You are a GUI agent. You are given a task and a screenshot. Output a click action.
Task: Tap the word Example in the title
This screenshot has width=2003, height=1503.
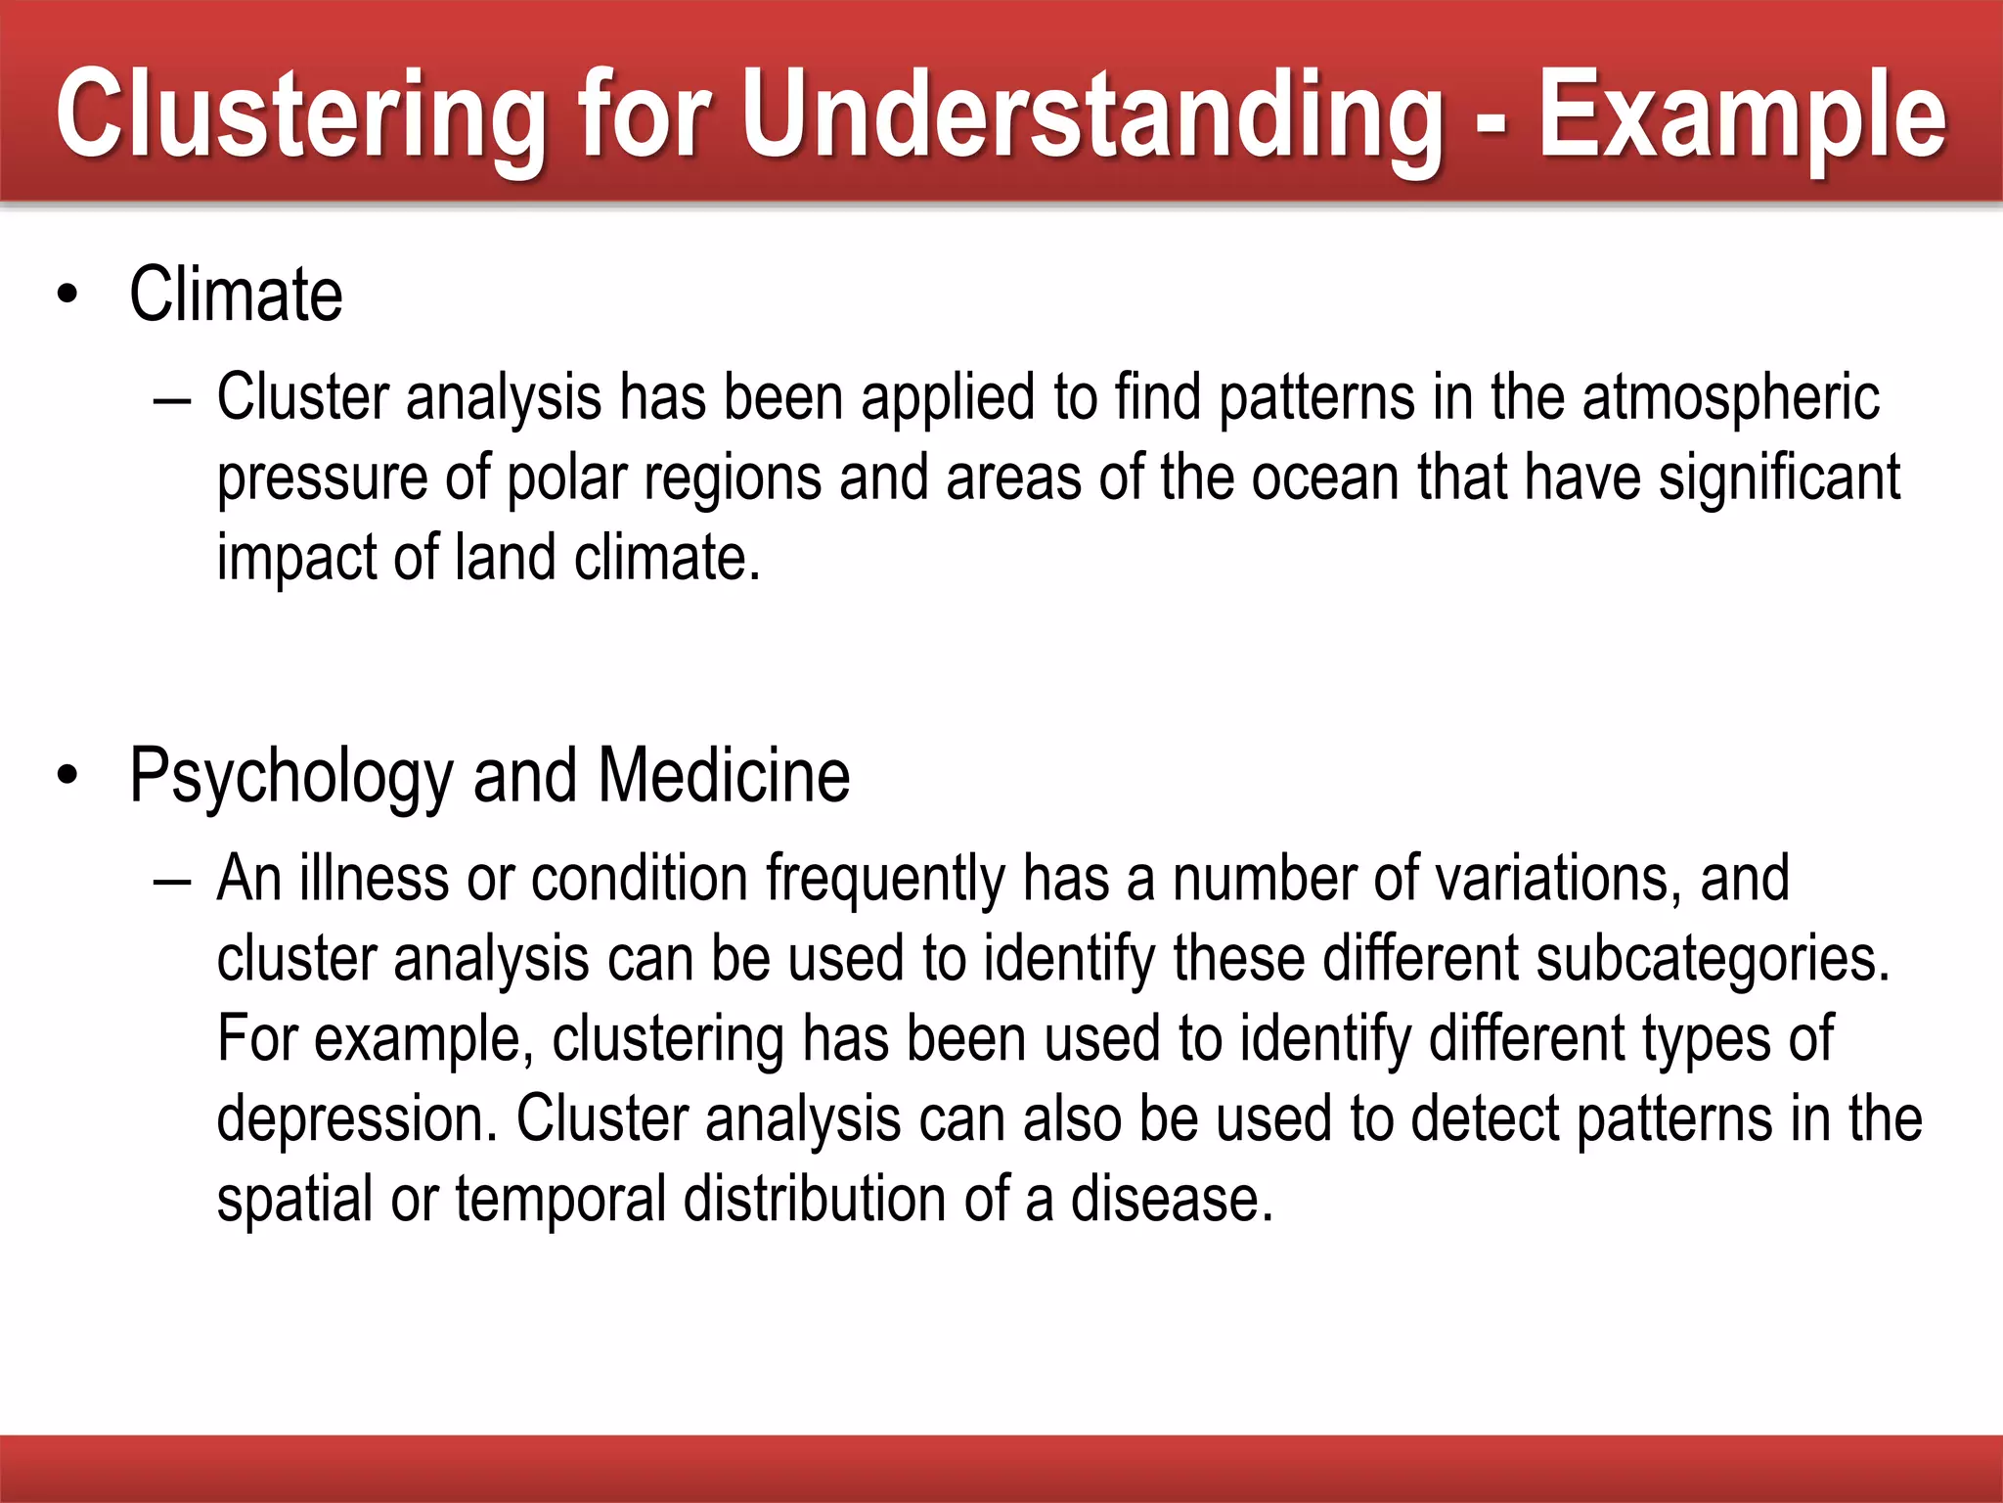1742,115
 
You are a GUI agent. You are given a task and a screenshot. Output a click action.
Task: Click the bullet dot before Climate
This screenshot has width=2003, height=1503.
67,295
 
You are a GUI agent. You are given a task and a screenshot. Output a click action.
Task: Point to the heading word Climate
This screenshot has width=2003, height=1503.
236,295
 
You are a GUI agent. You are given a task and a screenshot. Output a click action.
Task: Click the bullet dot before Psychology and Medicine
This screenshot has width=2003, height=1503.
67,776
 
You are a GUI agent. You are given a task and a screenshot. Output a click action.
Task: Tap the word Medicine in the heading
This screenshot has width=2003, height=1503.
724,776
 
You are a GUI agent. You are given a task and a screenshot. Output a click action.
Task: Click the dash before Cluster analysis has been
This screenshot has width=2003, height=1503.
172,402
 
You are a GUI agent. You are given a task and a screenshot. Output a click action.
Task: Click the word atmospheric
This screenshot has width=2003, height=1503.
1730,399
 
